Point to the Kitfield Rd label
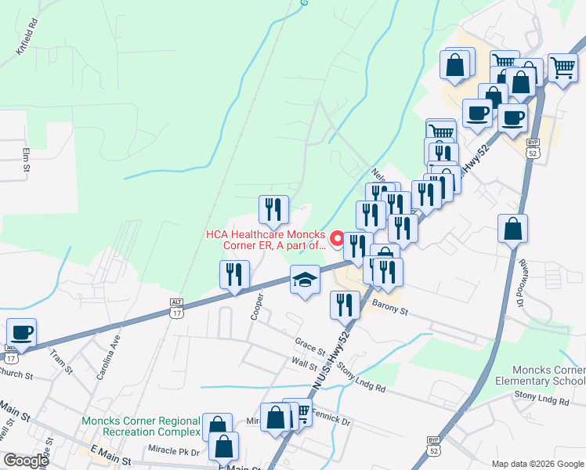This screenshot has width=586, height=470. [27, 43]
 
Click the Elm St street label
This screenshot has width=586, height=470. [26, 159]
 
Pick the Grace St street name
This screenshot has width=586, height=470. [309, 345]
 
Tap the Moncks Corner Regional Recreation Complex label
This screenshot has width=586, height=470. [141, 427]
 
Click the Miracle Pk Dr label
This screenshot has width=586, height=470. [173, 451]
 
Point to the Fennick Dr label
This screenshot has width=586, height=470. [330, 416]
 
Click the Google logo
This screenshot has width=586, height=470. [26, 461]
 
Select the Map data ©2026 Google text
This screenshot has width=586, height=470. [537, 464]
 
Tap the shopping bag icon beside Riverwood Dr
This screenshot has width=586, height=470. [512, 229]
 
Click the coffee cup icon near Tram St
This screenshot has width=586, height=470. [21, 332]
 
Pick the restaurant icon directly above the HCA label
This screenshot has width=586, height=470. [273, 209]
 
